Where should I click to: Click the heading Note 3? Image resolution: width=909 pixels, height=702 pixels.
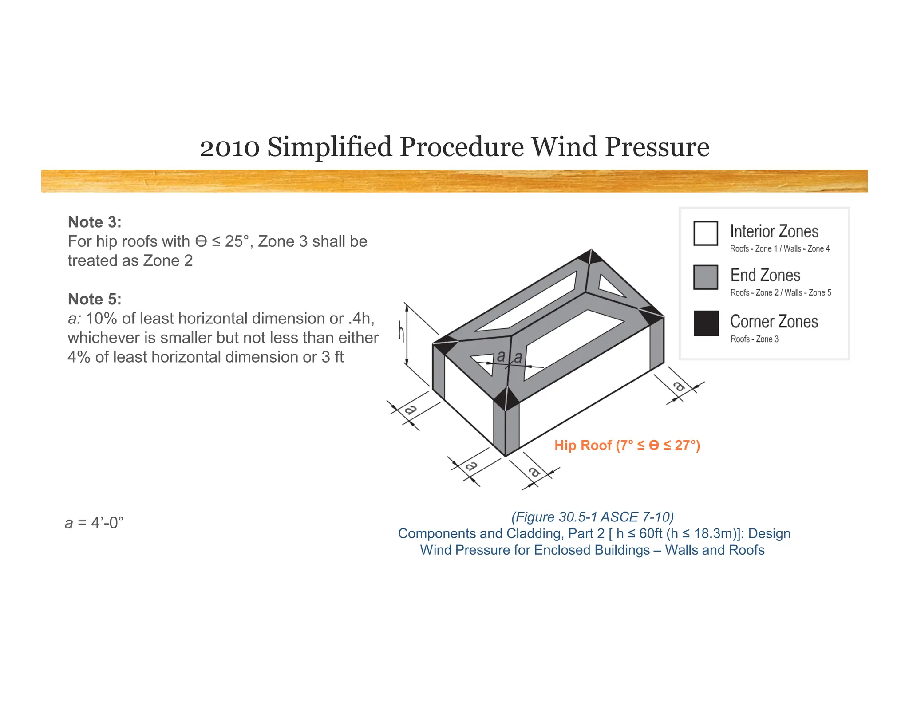(x=95, y=222)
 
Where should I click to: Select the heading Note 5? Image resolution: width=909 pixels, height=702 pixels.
(x=95, y=299)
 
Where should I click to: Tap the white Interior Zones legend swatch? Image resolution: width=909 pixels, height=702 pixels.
(x=705, y=233)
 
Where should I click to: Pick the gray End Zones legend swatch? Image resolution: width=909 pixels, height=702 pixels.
(x=705, y=277)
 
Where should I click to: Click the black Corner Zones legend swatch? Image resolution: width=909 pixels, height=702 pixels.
(x=706, y=323)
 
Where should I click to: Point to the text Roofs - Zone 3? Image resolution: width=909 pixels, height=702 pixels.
(x=754, y=339)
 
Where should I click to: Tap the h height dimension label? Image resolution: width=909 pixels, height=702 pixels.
(x=401, y=332)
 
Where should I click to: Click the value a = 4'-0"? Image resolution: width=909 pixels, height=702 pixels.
(x=94, y=523)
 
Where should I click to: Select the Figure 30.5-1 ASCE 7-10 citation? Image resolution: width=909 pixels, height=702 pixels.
(x=592, y=517)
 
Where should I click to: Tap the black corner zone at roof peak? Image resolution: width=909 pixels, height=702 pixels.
(x=591, y=256)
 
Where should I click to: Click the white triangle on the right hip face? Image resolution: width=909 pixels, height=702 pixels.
(x=610, y=286)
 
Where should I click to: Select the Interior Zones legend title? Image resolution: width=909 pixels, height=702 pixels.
(x=774, y=232)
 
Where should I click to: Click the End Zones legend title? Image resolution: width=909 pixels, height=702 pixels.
(x=765, y=276)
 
